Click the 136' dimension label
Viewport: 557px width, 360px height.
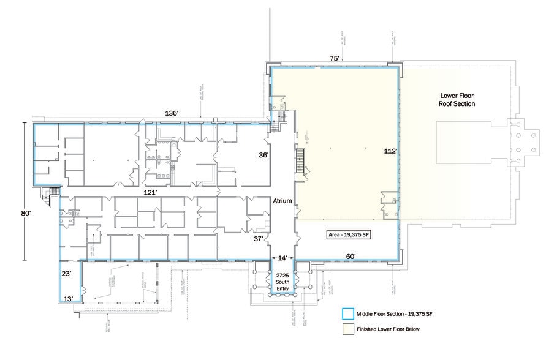click(x=172, y=114)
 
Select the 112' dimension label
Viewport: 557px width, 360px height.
click(x=390, y=151)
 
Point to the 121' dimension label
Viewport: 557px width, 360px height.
click(x=151, y=192)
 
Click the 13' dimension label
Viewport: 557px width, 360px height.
click(x=69, y=299)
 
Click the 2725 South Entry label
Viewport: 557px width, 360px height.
click(x=282, y=281)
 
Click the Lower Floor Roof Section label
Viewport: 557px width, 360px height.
click(x=457, y=100)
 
